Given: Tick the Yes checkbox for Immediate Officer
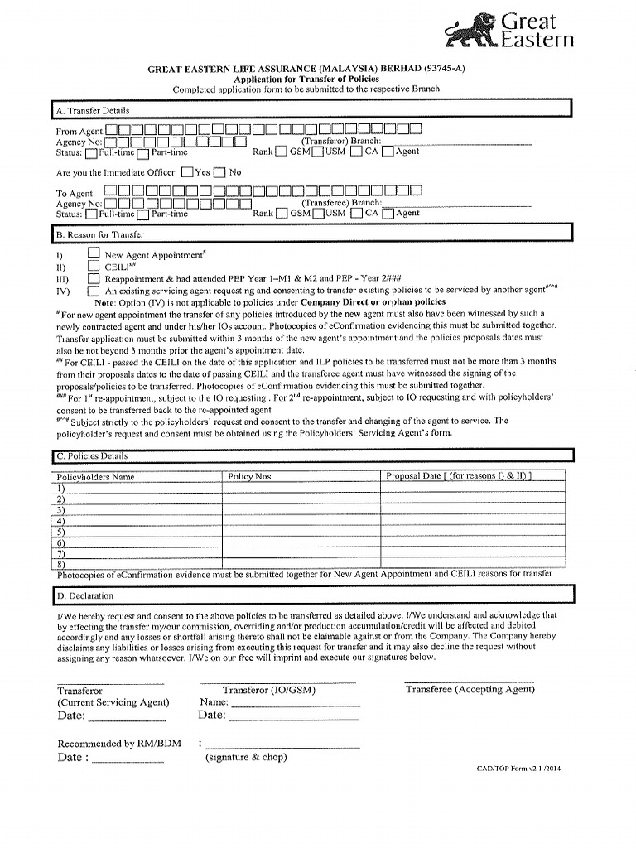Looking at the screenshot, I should click(187, 172).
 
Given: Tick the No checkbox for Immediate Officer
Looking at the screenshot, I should click(219, 172).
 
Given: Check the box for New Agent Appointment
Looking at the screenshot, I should click(94, 254).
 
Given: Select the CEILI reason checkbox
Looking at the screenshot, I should click(94, 267).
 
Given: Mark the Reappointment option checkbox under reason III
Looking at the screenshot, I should click(94, 279).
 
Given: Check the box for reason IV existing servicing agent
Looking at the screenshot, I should click(94, 291).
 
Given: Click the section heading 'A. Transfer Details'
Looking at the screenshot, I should click(93, 110).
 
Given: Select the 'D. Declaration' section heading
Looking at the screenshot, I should click(85, 595).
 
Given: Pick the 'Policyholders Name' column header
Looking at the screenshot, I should click(95, 477).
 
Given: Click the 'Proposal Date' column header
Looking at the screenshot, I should click(459, 476).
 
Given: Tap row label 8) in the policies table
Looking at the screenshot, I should click(61, 565).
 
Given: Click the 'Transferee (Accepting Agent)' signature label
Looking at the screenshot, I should click(470, 689).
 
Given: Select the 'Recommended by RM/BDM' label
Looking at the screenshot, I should click(108, 744).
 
